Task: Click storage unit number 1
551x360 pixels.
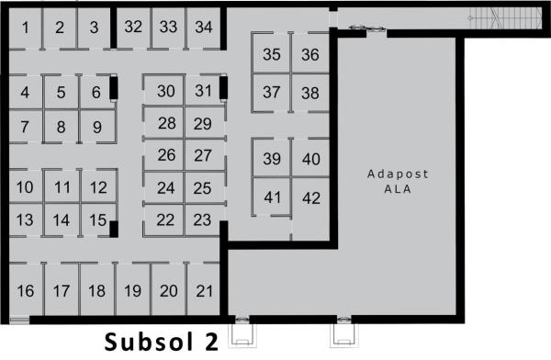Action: point(25,28)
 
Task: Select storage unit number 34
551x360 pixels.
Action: point(204,28)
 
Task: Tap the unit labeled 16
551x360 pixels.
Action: point(26,290)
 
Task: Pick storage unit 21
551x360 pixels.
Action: point(204,290)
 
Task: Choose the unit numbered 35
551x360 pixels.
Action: point(271,54)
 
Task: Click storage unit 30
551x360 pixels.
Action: point(165,91)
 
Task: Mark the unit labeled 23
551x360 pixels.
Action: point(202,220)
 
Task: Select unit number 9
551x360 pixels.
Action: point(97,127)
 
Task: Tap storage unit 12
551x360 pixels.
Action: point(98,187)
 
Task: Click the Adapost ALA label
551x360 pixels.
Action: point(398,182)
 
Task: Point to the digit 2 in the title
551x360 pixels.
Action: point(211,342)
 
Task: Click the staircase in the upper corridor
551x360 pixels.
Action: point(505,18)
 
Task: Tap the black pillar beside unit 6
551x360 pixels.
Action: point(113,87)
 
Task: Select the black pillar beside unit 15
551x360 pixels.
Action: point(114,229)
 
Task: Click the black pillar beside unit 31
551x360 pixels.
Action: point(223,87)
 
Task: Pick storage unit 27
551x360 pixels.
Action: point(203,155)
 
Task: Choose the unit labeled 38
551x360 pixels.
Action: point(310,93)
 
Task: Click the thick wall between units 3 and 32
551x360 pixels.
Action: point(114,28)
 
